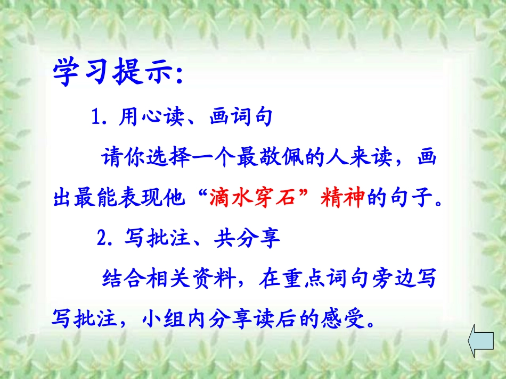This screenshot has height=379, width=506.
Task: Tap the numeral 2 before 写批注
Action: [x=102, y=239]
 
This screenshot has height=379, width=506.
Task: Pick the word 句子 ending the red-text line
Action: [x=415, y=199]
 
